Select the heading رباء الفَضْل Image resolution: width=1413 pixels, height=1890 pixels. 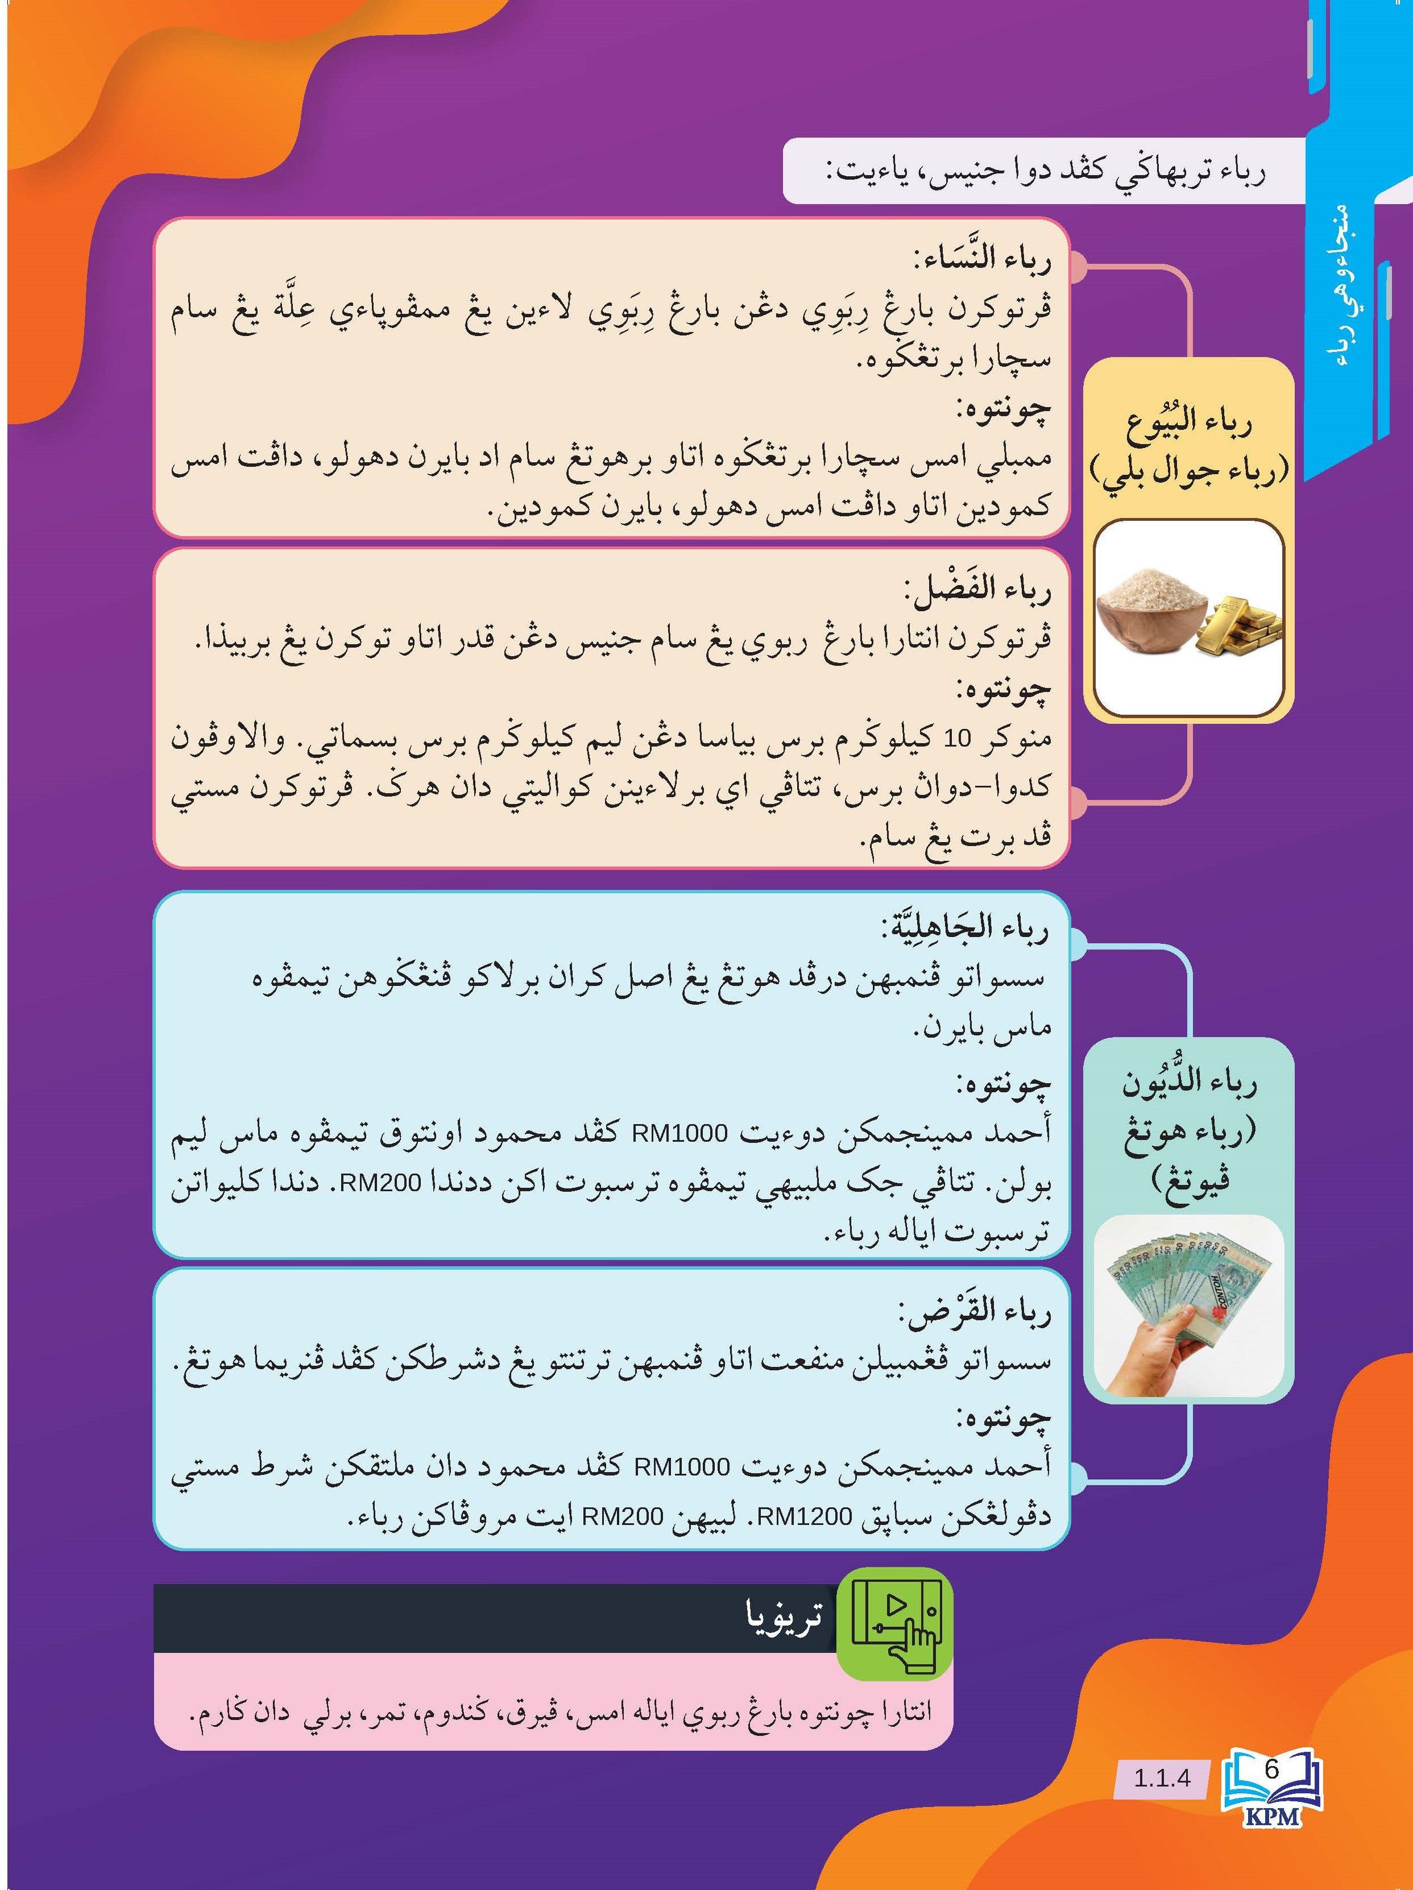click(x=977, y=590)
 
